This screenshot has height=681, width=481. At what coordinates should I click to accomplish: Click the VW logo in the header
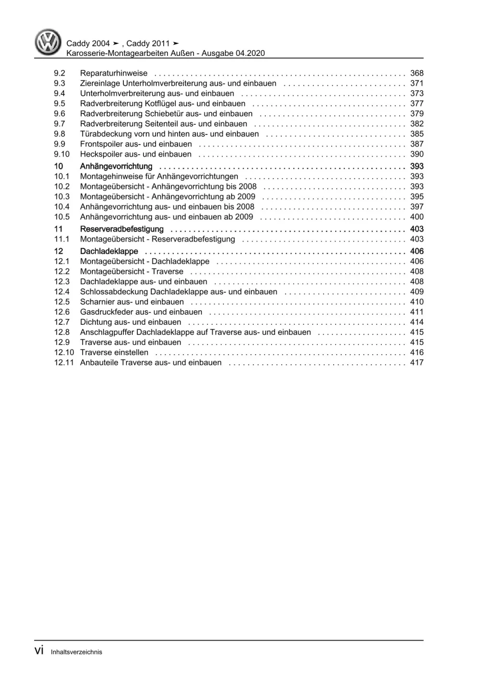[x=48, y=42]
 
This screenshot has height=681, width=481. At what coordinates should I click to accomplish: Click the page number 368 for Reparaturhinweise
[x=416, y=73]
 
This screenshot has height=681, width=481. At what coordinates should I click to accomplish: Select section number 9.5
[x=60, y=104]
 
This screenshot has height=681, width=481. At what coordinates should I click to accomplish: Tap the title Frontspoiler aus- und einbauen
[x=136, y=144]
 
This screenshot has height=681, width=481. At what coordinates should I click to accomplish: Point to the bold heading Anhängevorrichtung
[x=116, y=166]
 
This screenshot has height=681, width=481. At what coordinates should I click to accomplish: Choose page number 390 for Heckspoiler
[x=416, y=154]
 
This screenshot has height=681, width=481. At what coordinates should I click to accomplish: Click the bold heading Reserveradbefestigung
[x=122, y=229]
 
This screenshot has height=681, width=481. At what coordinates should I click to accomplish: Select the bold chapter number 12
[x=59, y=251]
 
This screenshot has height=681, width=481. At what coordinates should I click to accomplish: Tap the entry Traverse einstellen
[x=114, y=352]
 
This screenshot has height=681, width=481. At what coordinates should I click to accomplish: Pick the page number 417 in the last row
[x=416, y=362]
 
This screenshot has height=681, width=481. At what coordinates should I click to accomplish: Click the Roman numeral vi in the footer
[x=39, y=651]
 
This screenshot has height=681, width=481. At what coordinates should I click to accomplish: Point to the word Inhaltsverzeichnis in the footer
[x=77, y=652]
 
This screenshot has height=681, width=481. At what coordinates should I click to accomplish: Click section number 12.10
[x=64, y=352]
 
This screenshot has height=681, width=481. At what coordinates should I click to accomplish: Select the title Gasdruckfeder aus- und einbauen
[x=141, y=312]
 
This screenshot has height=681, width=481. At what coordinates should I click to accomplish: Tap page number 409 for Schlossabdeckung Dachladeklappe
[x=416, y=292]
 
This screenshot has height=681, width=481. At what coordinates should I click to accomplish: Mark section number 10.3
[x=62, y=197]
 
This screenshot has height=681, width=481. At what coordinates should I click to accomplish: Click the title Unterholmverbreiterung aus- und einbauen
[x=157, y=93]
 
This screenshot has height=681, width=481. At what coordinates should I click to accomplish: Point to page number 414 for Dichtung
[x=416, y=322]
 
